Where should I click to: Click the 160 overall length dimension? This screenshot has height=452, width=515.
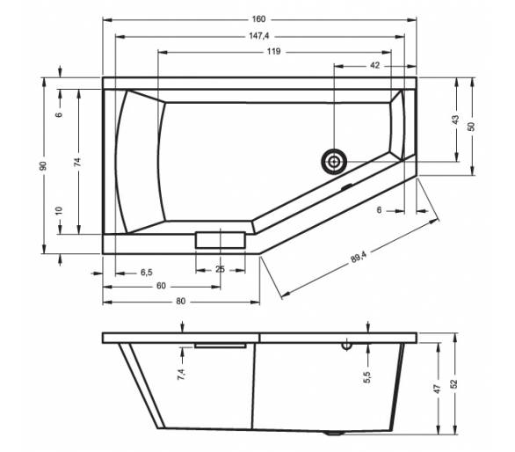coord(258,19)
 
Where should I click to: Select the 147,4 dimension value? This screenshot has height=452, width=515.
coord(258,36)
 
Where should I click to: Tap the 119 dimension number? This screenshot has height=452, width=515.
coord(273,52)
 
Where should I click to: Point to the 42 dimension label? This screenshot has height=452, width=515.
coord(374,65)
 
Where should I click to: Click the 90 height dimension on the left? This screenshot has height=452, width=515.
coord(43,165)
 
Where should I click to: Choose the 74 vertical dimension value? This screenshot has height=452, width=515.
coord(77,162)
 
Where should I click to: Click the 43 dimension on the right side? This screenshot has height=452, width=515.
coord(455,120)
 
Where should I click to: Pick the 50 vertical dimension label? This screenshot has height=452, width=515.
coord(471,127)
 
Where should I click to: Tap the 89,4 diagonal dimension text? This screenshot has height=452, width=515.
coord(359,257)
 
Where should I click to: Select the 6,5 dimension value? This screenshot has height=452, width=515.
coord(147,273)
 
